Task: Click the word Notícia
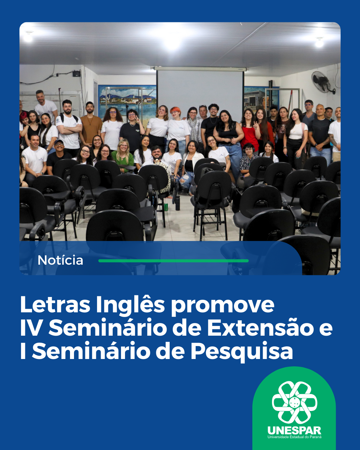[x=60, y=260]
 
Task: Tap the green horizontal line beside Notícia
[x=173, y=261]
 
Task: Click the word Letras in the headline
[x=55, y=305]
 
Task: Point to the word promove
[x=223, y=305]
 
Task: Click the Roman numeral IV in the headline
[x=31, y=328]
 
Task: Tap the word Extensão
[x=260, y=328]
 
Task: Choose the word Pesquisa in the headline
[x=242, y=351]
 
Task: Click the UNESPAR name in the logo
[x=294, y=430]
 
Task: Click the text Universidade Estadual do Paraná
[x=294, y=437]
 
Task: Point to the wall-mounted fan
[x=322, y=82]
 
